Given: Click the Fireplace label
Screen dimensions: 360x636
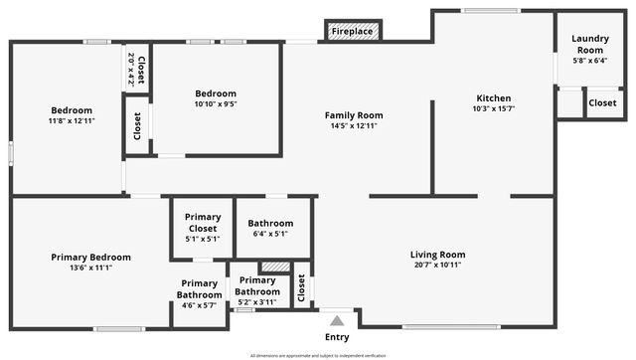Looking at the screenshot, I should coord(353,32).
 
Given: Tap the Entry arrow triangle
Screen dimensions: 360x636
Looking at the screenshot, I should coord(337,320).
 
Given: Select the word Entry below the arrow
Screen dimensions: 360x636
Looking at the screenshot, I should coord(337,337).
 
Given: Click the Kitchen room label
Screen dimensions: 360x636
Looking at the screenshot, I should coord(494,98).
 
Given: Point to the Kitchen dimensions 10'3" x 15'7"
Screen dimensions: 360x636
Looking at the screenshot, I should coord(494,108).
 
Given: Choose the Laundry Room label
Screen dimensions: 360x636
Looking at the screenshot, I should coord(589,44).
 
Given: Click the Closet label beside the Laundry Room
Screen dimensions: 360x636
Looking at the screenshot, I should coord(602,102).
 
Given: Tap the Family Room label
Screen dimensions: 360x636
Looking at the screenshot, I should coord(354,115).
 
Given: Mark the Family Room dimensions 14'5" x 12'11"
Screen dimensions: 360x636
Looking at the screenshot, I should coord(354,126).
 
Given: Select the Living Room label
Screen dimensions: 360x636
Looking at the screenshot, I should coord(439,255).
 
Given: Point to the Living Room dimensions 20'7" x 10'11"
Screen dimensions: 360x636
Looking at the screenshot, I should coord(439,266).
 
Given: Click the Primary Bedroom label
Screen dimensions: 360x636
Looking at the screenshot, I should coord(91,257).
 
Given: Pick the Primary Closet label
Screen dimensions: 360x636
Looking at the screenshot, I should coord(203,223).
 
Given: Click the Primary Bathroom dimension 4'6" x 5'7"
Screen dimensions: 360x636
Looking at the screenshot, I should coord(200,304).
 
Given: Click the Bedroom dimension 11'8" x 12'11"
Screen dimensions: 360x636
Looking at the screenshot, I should coord(72,120).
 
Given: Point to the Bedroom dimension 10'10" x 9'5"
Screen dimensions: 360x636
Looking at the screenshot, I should coord(216,103).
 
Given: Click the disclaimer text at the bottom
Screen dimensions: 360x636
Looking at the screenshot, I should coord(317,354).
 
